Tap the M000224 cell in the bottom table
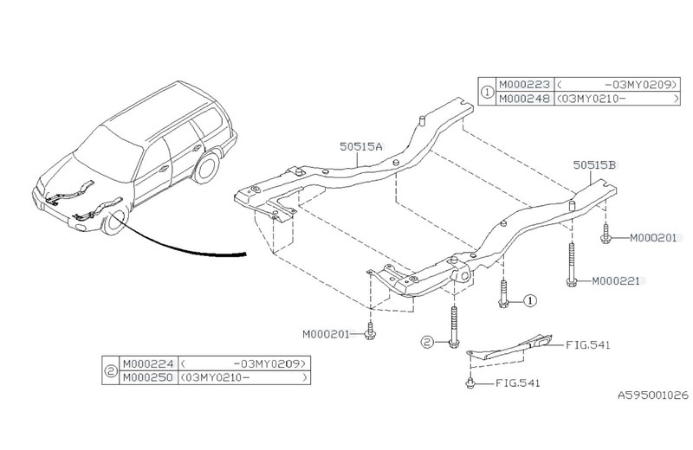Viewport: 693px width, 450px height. point(147,365)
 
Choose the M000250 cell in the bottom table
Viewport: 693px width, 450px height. point(147,378)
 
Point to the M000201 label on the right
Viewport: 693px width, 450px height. point(652,236)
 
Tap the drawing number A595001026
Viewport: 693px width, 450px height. point(651,394)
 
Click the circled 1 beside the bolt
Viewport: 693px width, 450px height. point(529,300)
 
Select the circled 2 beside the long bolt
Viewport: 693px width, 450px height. point(427,342)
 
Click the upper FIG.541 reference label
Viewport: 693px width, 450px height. point(588,344)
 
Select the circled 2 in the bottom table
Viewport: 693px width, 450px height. point(110,372)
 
